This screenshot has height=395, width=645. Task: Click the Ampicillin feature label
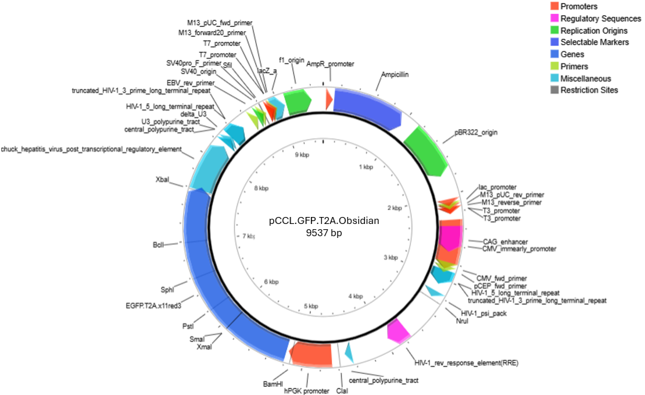[395, 74]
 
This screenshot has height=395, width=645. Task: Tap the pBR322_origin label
[476, 133]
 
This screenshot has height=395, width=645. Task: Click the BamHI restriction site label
[273, 385]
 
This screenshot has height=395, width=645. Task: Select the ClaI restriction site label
[342, 391]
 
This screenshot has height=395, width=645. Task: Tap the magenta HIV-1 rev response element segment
[399, 330]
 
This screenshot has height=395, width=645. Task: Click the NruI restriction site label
[462, 321]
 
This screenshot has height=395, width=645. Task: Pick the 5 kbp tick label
[311, 306]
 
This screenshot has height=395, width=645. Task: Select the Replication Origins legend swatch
[554, 30]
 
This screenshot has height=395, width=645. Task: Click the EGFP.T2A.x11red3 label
[154, 304]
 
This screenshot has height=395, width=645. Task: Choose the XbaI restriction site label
[162, 180]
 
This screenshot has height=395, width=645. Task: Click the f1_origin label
[292, 60]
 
